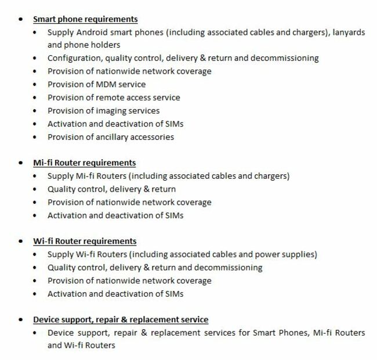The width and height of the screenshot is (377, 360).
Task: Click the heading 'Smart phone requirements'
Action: [85, 19]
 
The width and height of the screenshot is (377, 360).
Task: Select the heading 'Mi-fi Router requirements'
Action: [84, 163]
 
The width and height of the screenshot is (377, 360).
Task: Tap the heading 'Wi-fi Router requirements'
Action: [85, 241]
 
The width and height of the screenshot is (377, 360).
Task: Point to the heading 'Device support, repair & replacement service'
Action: [121, 319]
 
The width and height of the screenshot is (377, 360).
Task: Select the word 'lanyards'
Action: [349, 33]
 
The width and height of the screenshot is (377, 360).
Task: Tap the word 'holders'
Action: [104, 45]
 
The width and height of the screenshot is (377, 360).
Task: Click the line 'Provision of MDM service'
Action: [96, 84]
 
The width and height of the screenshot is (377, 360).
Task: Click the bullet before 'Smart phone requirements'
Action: [21, 20]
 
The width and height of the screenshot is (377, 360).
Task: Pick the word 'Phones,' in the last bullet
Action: [293, 333]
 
